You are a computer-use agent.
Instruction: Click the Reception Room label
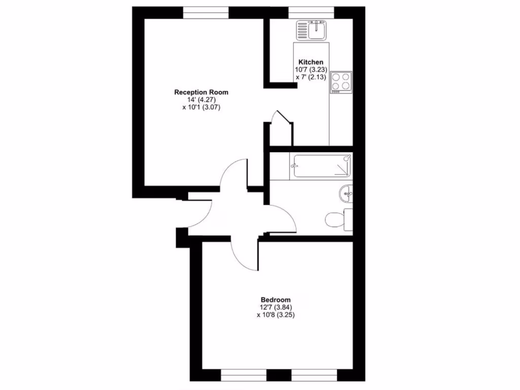pyautogui.click(x=201, y=92)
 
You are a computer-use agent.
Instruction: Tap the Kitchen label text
pyautogui.click(x=311, y=62)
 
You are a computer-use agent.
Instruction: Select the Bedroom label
pyautogui.click(x=276, y=300)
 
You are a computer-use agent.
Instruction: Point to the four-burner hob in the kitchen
pyautogui.click(x=341, y=81)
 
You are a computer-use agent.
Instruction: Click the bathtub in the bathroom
pyautogui.click(x=321, y=167)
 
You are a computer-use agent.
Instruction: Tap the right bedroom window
pyautogui.click(x=314, y=375)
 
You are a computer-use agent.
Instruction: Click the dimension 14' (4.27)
pyautogui.click(x=201, y=100)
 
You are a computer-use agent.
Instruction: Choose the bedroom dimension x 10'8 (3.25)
pyautogui.click(x=276, y=314)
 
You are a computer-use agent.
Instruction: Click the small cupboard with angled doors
pyautogui.click(x=278, y=129)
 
